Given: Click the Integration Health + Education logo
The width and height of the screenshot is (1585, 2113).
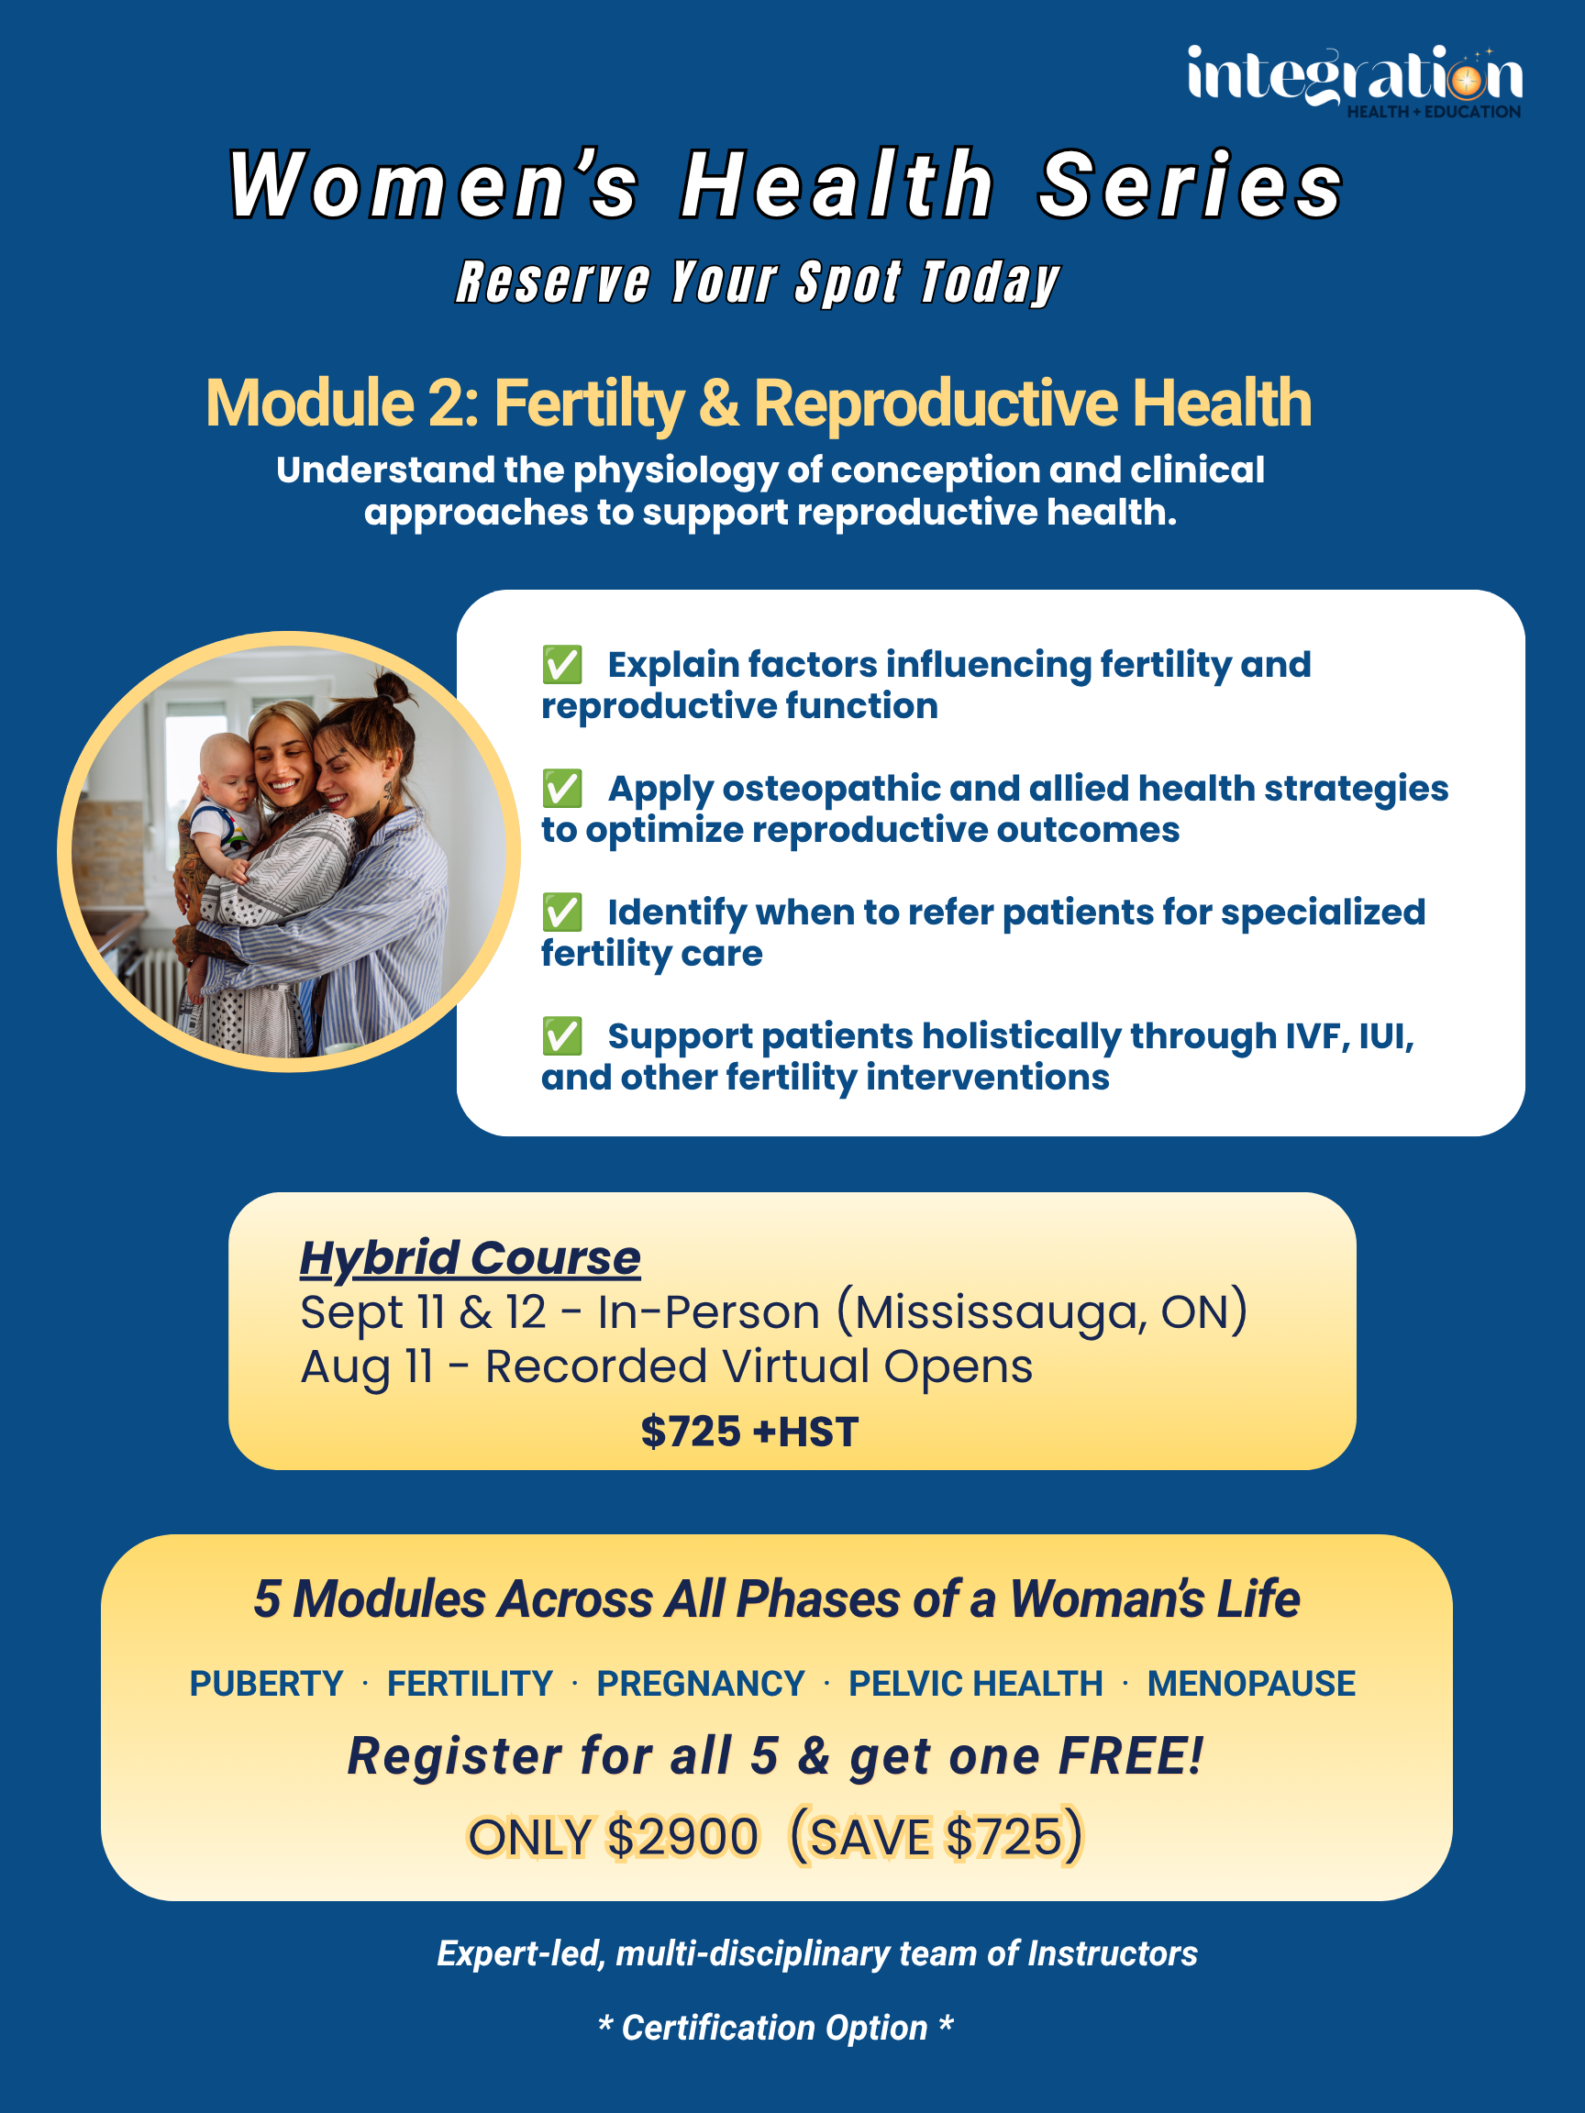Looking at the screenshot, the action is click(1355, 82).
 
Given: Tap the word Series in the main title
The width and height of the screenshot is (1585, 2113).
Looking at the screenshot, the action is click(1192, 185).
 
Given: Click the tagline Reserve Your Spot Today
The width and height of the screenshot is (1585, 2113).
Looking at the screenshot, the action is click(758, 282).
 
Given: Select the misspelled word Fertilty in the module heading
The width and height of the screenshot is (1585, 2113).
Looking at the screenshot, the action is click(589, 404).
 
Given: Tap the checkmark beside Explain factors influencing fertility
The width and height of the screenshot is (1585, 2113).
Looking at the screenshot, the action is click(561, 665).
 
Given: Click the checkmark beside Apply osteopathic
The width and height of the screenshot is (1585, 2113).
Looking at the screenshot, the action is click(561, 788).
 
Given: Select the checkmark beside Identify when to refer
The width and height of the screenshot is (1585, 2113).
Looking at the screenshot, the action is click(561, 913).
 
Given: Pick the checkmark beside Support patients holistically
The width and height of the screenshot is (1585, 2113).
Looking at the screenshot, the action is click(561, 1035).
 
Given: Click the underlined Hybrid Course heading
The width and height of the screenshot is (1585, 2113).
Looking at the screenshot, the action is click(470, 1258).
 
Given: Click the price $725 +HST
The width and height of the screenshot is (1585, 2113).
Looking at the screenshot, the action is click(750, 1432).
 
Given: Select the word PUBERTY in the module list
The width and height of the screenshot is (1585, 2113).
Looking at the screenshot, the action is click(267, 1683).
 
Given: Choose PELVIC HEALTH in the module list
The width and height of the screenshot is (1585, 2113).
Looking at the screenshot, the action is click(975, 1683).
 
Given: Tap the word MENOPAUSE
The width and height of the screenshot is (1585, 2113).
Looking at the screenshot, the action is click(1251, 1683).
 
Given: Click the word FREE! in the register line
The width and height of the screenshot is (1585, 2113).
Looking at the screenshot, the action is click(1130, 1755).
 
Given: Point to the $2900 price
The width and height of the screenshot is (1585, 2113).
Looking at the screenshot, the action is click(683, 1837).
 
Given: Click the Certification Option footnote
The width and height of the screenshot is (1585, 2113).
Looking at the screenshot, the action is click(776, 2028).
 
